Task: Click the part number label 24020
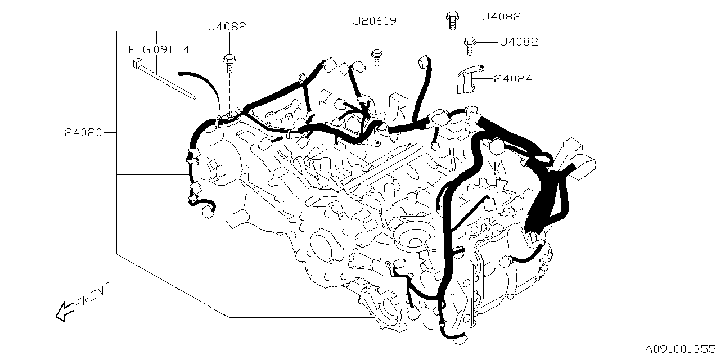point(83,133)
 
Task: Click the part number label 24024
point(512,79)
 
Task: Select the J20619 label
point(375,21)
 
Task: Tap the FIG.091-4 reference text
point(159,49)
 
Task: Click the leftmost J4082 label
point(227,26)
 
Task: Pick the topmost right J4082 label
point(501,17)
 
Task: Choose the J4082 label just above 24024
point(519,42)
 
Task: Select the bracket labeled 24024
point(467,79)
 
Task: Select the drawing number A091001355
point(680,349)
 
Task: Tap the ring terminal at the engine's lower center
point(389,263)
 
